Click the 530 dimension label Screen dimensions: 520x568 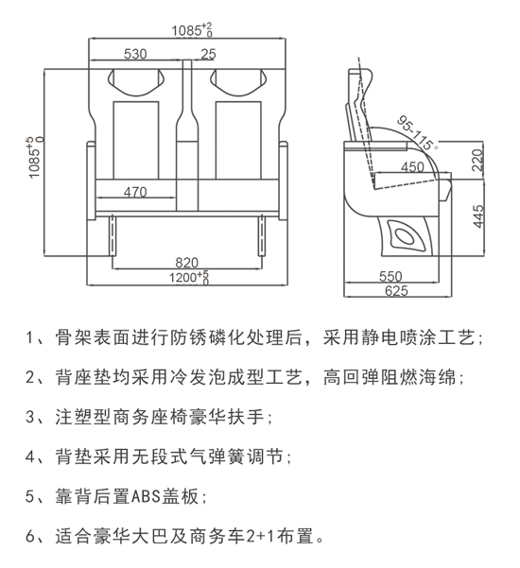(x=135, y=54)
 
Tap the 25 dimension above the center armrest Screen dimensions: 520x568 (x=208, y=54)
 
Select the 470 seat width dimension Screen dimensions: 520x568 (x=135, y=192)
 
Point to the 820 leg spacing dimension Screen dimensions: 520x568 (x=187, y=263)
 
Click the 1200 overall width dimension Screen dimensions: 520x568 (x=189, y=278)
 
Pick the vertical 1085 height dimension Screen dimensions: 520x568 (x=35, y=157)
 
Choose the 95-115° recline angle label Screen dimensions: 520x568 (x=418, y=132)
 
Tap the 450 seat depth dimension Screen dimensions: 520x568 (x=412, y=167)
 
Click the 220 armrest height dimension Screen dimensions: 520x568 (x=478, y=160)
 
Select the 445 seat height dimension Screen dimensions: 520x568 (x=478, y=216)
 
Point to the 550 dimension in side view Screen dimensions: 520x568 (x=390, y=276)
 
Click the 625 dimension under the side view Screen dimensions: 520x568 (x=396, y=290)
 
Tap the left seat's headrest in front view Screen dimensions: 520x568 (x=136, y=82)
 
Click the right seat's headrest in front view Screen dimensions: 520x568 (x=239, y=82)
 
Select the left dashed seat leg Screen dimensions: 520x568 (x=113, y=235)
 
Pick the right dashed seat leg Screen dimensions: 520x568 (x=261, y=235)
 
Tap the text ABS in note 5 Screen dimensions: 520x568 (x=146, y=495)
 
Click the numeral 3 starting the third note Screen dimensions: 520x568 (x=30, y=417)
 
